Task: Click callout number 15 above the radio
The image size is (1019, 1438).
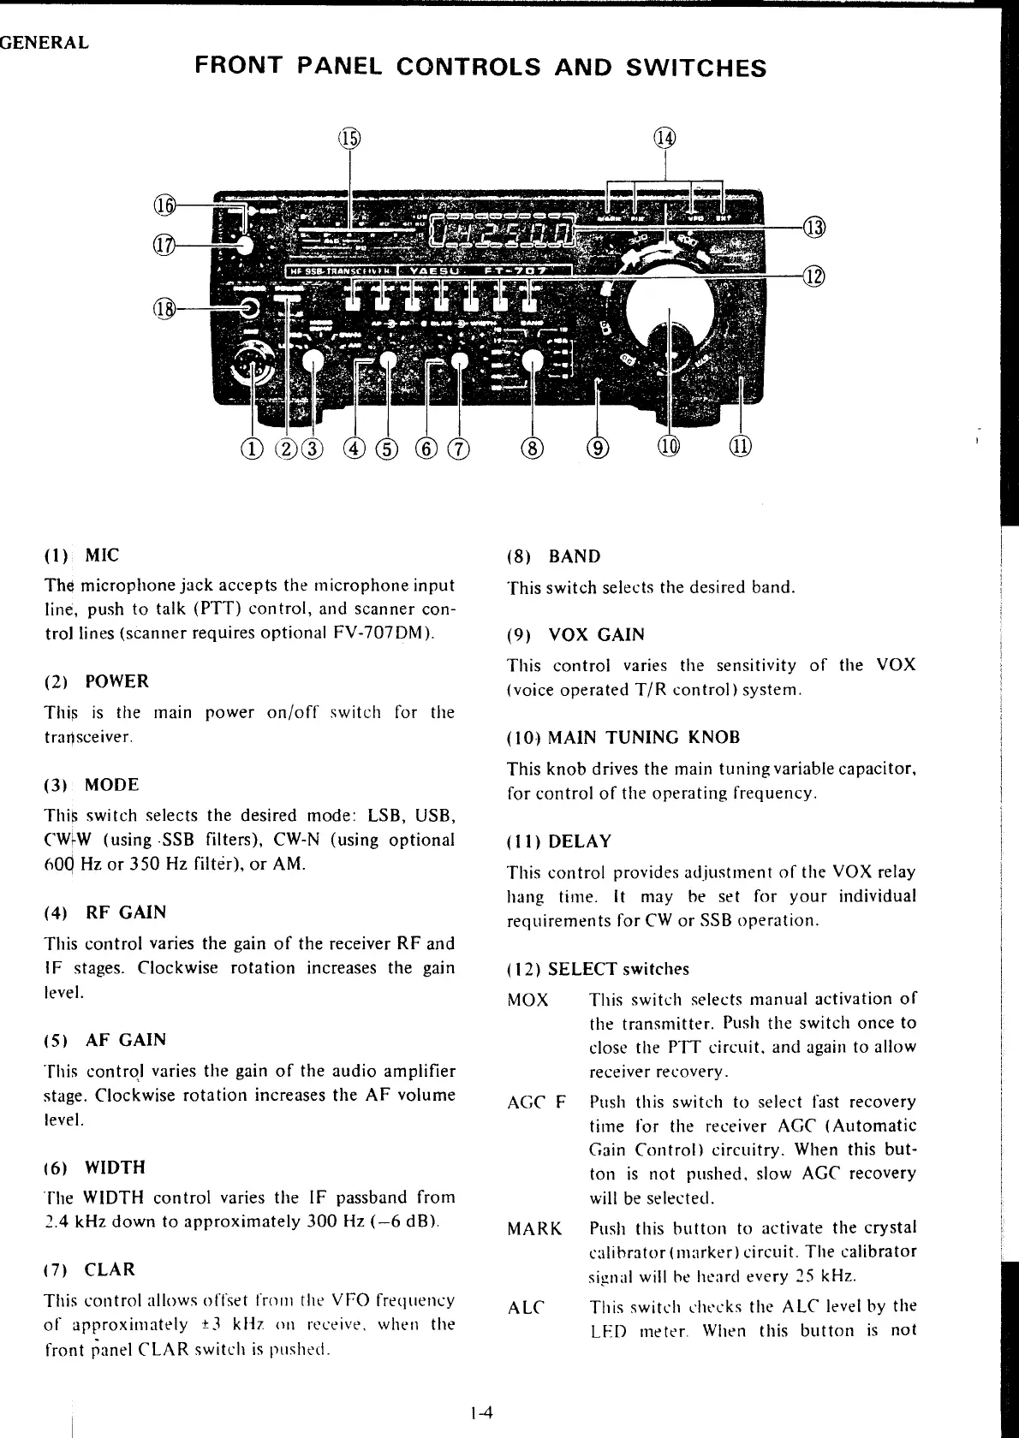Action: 349,138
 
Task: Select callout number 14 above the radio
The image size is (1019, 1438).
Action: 665,138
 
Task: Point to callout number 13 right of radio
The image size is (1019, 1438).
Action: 814,227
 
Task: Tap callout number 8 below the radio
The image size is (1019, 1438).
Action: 533,447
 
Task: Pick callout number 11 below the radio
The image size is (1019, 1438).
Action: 741,447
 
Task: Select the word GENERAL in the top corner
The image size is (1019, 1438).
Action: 45,43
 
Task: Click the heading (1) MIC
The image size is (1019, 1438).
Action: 82,556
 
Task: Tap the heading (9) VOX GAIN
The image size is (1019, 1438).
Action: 575,635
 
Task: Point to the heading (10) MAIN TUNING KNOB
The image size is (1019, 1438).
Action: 623,738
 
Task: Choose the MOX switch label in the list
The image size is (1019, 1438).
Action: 527,1000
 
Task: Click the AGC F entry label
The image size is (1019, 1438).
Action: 537,1102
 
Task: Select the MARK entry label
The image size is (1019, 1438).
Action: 534,1229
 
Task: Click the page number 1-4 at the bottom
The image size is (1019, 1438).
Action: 482,1413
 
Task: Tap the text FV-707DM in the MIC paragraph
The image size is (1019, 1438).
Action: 382,633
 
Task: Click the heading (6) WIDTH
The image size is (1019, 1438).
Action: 94,1168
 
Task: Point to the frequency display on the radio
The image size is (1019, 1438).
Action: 503,229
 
